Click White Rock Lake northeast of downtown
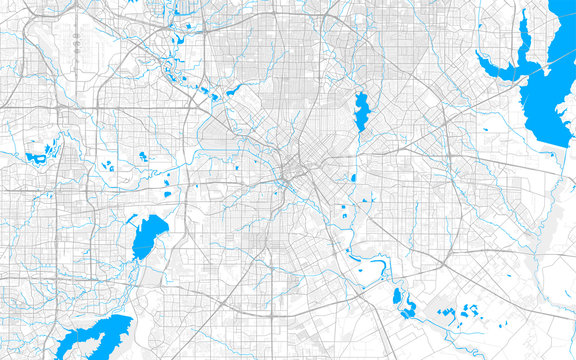[x=361, y=111]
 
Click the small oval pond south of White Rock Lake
[x=353, y=178]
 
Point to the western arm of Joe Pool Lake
[x=75, y=342]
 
